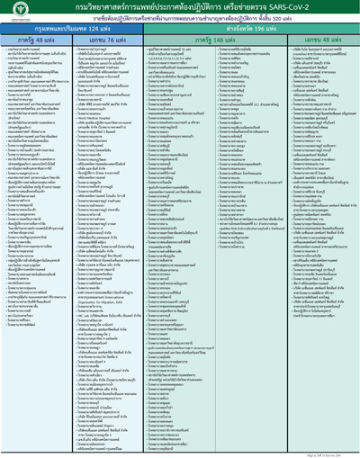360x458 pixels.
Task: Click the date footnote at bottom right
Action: (333, 452)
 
